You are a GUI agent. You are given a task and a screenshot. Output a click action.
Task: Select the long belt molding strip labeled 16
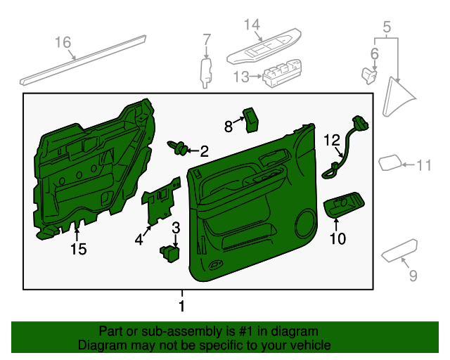[x=84, y=59]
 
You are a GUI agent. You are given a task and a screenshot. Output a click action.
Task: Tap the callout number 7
[x=207, y=39]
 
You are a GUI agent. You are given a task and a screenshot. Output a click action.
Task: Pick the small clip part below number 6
[x=369, y=72]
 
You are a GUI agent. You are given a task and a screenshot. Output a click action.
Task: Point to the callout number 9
[x=412, y=275]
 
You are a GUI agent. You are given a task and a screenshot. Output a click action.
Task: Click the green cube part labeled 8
[x=250, y=120]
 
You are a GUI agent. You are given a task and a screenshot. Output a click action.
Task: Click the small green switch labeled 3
[x=169, y=251]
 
